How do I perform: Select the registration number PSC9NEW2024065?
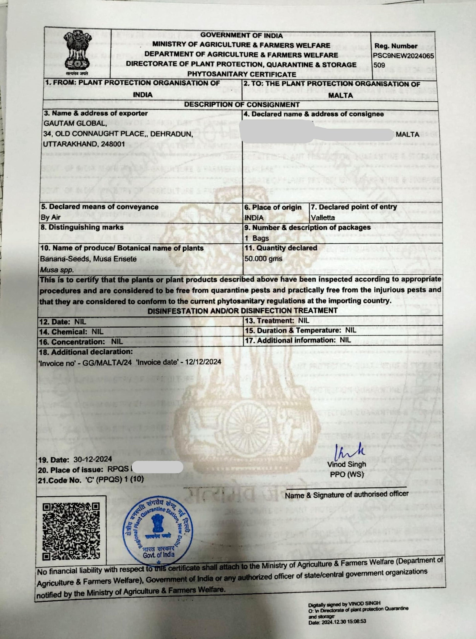tap(404, 56)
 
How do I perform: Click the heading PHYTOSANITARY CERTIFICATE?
tap(241, 74)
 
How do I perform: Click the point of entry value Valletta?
tap(323, 218)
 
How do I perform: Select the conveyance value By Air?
tap(51, 217)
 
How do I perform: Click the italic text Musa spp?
tap(57, 270)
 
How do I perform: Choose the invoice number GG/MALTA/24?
tap(107, 362)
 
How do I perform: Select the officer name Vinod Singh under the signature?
tap(346, 464)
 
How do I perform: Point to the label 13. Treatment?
tap(270, 320)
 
